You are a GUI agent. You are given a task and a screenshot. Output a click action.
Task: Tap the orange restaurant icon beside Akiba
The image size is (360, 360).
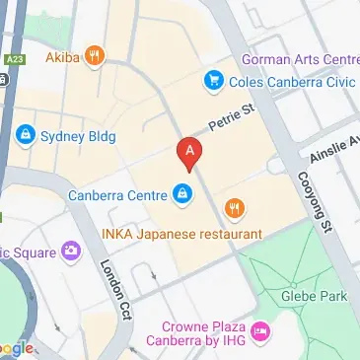click(95, 55)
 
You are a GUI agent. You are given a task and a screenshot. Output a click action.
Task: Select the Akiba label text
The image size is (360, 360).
click(63, 57)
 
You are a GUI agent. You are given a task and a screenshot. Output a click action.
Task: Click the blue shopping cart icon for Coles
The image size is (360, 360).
click(212, 80)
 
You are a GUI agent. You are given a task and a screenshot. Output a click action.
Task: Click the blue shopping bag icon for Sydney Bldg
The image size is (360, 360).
click(24, 132)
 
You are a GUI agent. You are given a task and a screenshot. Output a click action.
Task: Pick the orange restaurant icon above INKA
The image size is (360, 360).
click(234, 208)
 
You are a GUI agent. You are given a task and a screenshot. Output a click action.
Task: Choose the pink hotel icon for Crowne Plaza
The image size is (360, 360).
click(260, 331)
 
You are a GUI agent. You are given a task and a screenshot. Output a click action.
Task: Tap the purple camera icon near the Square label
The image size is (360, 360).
click(70, 252)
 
